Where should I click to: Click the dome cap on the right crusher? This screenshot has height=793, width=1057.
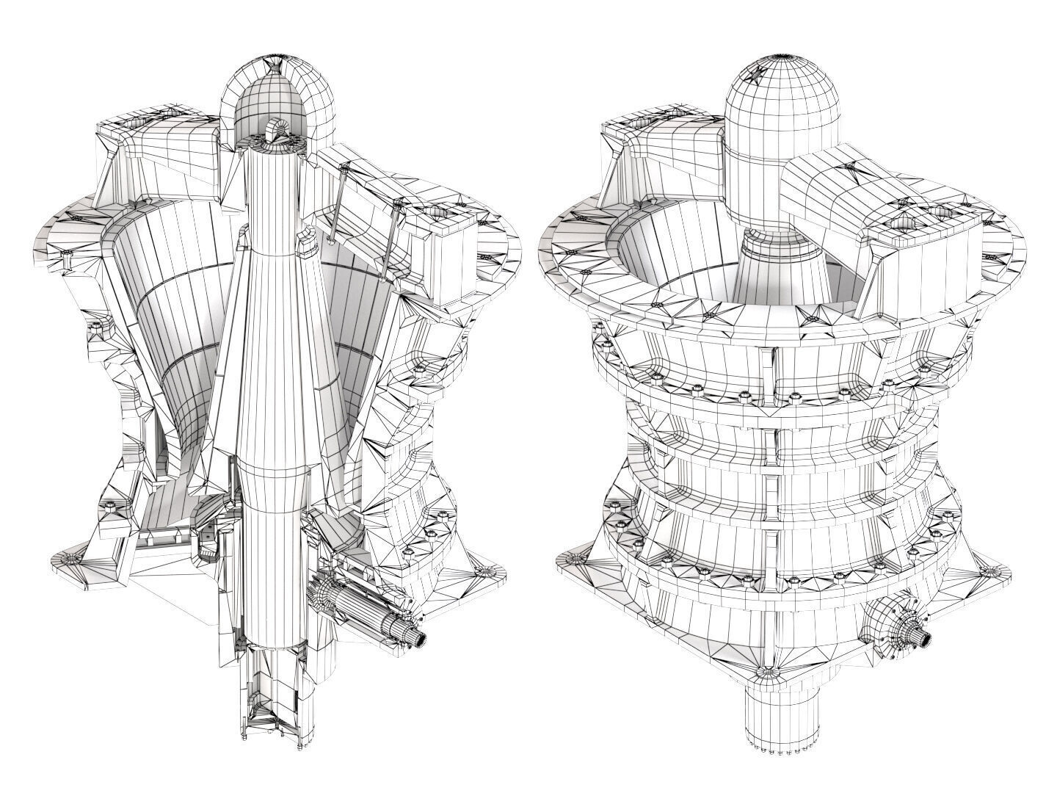(782, 106)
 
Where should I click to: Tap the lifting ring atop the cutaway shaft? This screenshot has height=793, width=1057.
(277, 130)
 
